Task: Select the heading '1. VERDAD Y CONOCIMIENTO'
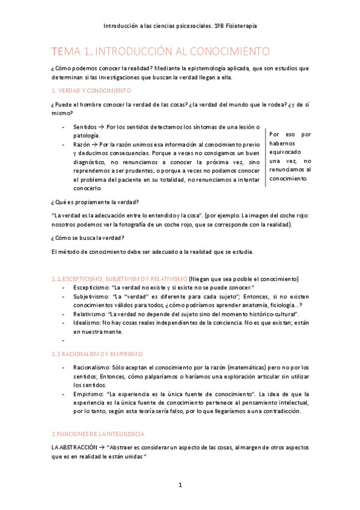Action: point(91,90)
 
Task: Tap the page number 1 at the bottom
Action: point(180,485)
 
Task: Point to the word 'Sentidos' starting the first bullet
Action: point(84,127)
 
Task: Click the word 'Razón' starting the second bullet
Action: point(82,145)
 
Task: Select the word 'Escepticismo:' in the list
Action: point(92,287)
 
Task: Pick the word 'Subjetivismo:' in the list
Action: point(92,296)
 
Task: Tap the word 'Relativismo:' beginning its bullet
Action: point(91,314)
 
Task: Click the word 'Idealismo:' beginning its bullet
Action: point(88,322)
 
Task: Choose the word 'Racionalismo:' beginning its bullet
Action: point(93,367)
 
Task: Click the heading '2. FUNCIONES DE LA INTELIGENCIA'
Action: point(97,434)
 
